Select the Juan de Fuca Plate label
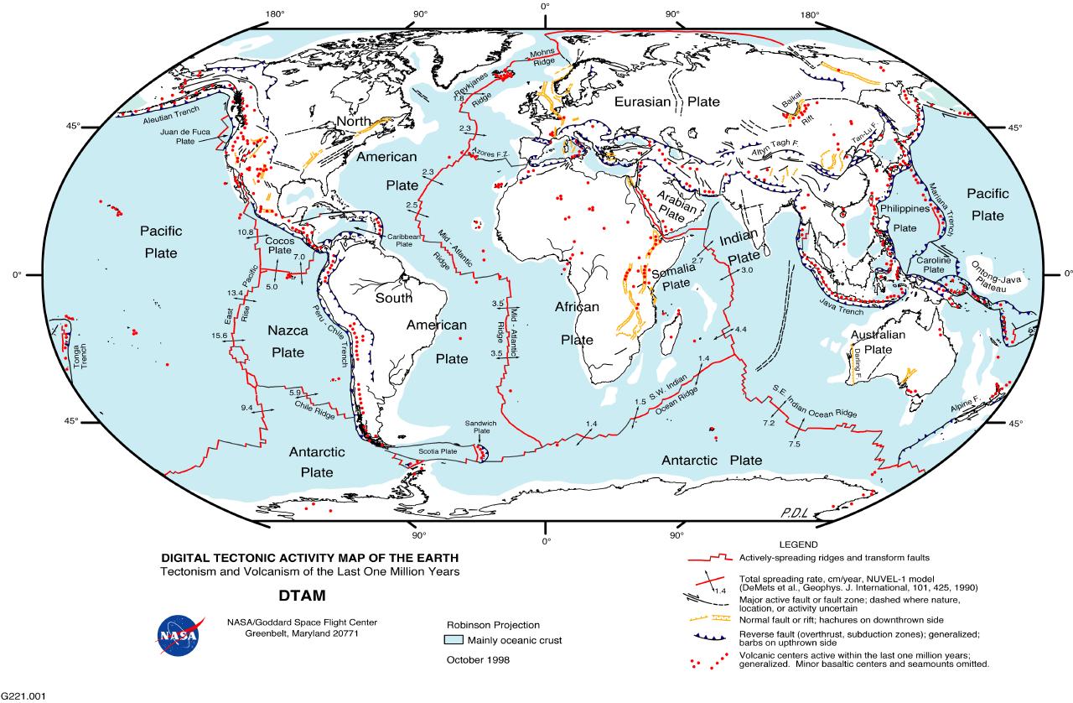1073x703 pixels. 185,137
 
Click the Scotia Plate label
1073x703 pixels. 438,451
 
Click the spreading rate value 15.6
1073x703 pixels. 220,336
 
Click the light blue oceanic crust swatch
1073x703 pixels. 453,640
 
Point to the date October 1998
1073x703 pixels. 477,659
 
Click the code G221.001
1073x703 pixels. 23,696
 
